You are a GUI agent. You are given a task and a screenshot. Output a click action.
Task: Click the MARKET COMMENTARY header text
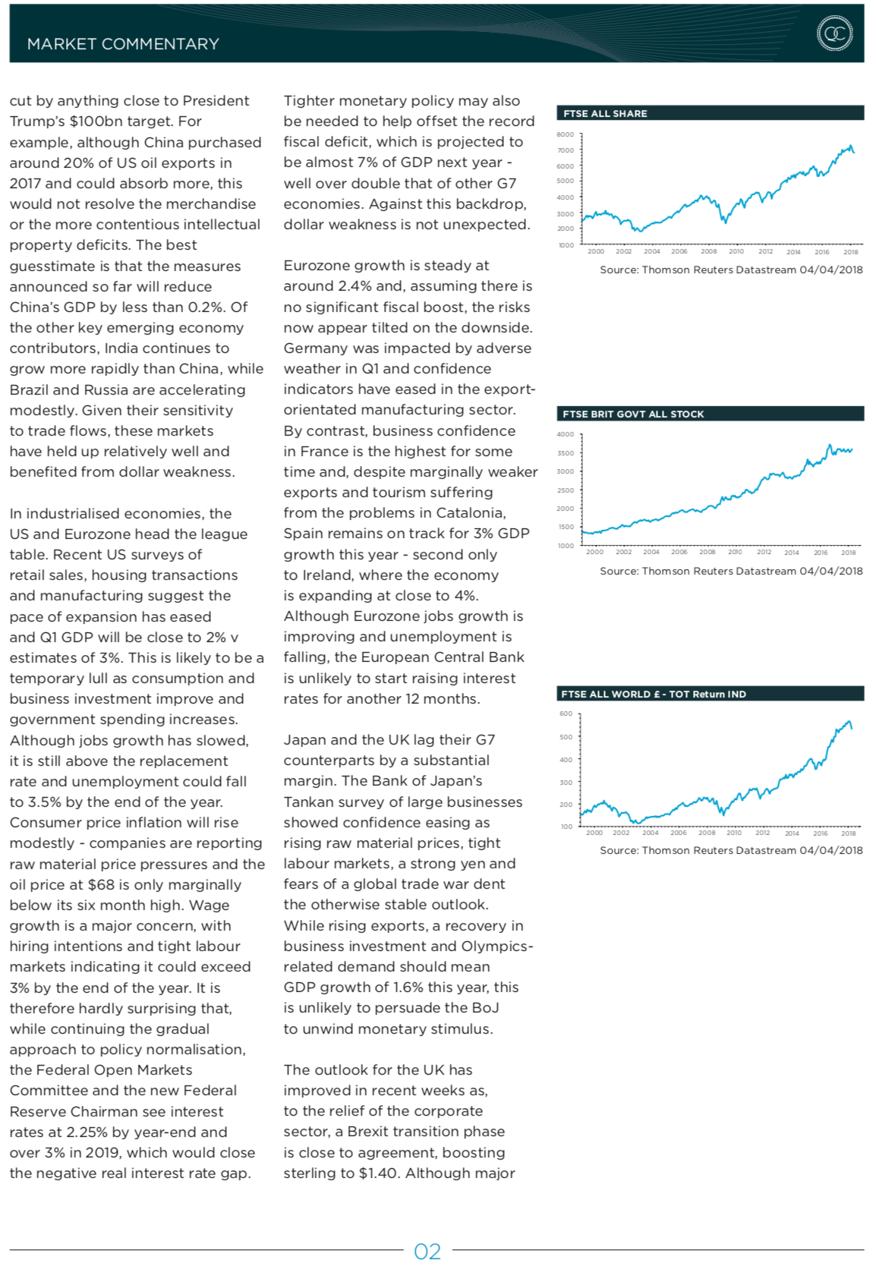pos(123,44)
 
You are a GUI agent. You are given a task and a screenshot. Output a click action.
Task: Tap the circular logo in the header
pos(834,33)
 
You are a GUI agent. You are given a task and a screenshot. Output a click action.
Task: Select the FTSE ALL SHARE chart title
pos(605,113)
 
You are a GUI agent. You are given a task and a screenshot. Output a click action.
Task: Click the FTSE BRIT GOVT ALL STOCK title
pos(633,414)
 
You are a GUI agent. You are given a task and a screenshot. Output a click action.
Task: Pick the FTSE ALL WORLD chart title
pos(653,694)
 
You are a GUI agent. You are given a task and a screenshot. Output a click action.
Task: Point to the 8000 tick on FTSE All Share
pos(566,134)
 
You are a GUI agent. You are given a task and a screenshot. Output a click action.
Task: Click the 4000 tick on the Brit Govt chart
pos(566,434)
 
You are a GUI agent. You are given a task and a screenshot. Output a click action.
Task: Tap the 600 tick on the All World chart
pos(566,713)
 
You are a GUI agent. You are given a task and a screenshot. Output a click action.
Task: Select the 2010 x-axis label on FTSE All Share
pos(736,251)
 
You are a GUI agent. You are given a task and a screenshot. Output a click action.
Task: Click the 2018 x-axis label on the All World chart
pos(848,833)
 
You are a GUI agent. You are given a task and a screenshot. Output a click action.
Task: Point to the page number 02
pos(427,1252)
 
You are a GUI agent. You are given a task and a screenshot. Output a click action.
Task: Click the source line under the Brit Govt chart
pos(731,571)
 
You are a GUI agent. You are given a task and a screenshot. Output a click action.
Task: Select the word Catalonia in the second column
pos(470,513)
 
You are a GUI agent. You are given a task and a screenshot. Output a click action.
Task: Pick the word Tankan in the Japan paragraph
pos(308,801)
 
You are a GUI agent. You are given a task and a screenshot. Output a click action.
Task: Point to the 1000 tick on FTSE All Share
pos(566,245)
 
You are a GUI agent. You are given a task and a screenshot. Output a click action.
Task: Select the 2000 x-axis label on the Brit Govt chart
pos(594,552)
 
